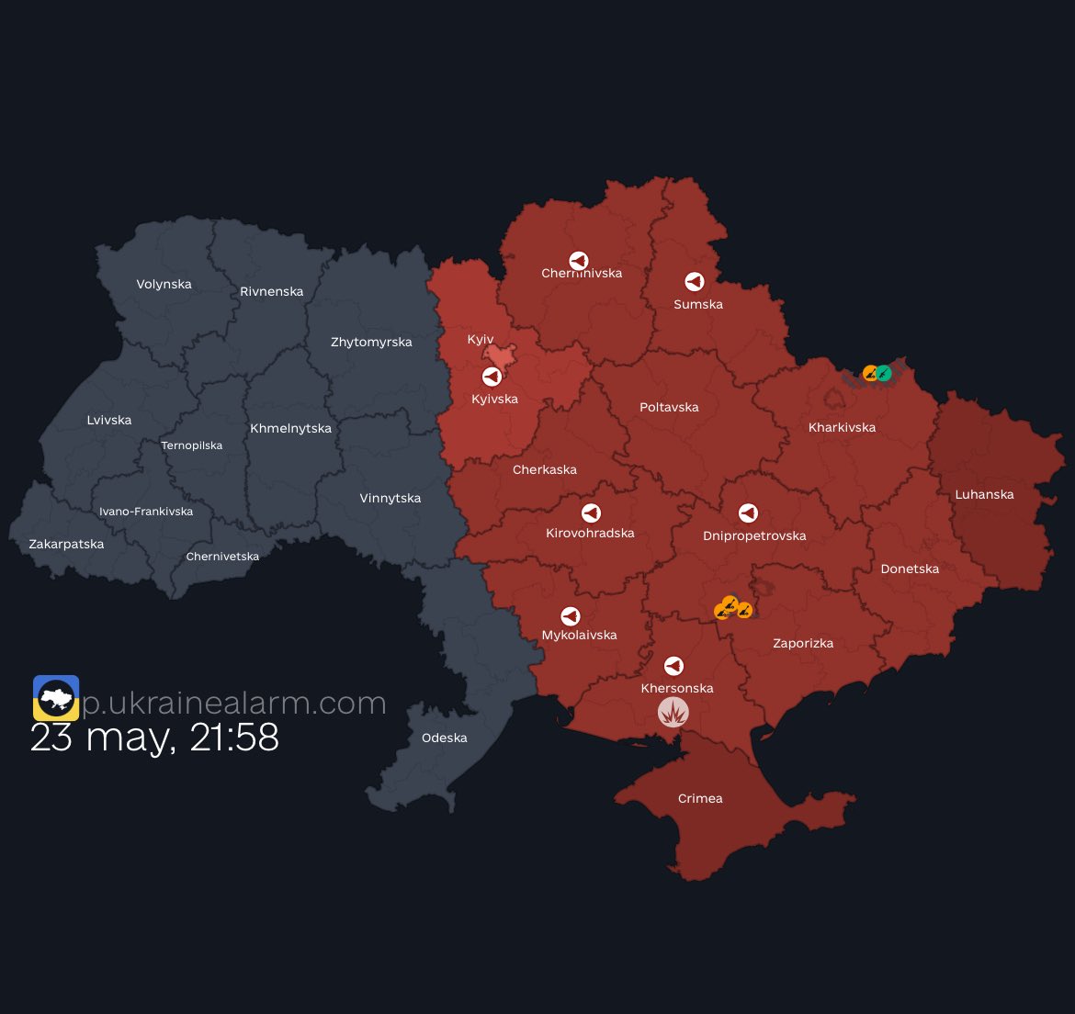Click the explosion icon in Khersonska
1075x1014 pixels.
point(673,712)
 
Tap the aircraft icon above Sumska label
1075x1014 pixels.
point(695,282)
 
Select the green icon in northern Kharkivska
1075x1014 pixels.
point(884,373)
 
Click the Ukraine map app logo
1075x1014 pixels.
point(56,698)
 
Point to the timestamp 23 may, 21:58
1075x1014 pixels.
point(154,738)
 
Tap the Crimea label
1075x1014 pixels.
point(700,798)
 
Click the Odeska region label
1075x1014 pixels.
point(444,738)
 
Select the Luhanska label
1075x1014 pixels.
point(984,494)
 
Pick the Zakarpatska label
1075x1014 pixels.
point(66,544)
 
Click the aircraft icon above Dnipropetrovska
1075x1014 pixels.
point(749,513)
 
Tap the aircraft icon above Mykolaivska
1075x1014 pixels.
point(571,616)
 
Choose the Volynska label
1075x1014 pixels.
point(164,284)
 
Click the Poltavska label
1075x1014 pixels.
point(669,407)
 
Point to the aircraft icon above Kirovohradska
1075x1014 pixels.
point(591,513)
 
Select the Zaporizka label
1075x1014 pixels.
point(803,643)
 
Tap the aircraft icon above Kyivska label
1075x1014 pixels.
point(492,377)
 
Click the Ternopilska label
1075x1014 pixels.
point(191,445)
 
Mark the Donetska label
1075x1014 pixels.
point(910,569)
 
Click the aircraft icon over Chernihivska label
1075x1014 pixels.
point(578,261)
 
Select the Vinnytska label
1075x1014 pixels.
point(390,498)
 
